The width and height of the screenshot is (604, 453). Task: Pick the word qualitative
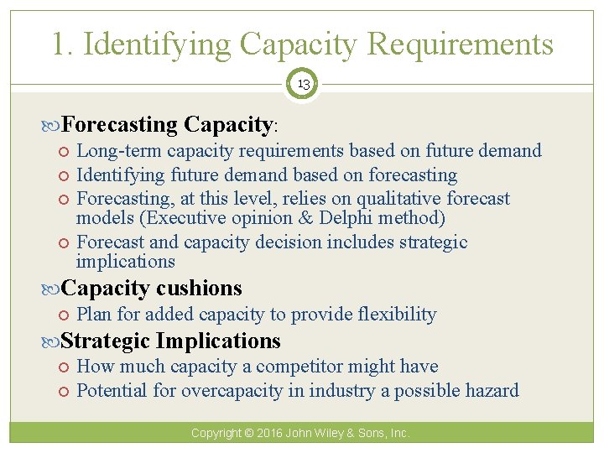(399, 199)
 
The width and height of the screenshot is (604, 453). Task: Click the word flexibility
(397, 315)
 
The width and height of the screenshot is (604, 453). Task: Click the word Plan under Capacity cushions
(93, 315)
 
